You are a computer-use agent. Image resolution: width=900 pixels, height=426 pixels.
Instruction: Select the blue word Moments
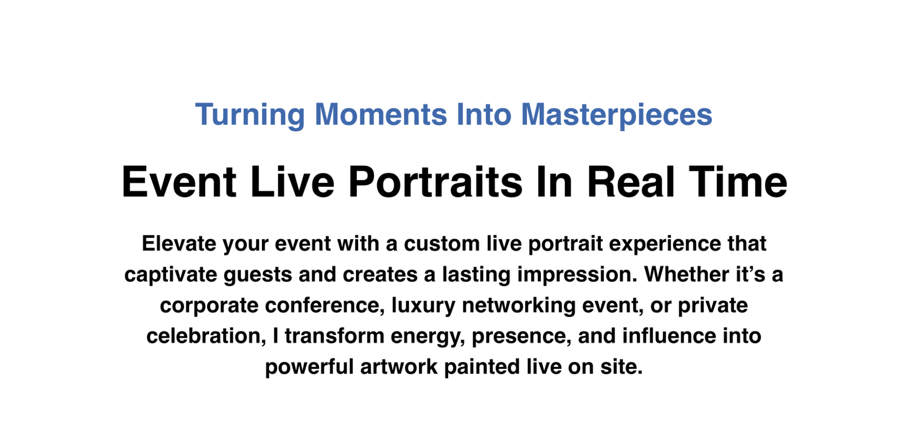[x=381, y=114]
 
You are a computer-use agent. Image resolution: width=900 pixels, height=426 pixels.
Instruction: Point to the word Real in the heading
[x=631, y=182]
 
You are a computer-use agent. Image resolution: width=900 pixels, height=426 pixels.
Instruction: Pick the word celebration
[x=207, y=336]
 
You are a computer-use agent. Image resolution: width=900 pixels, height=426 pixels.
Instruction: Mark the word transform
[x=334, y=336]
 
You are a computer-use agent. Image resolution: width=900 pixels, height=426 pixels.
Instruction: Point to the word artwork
[x=399, y=367]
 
